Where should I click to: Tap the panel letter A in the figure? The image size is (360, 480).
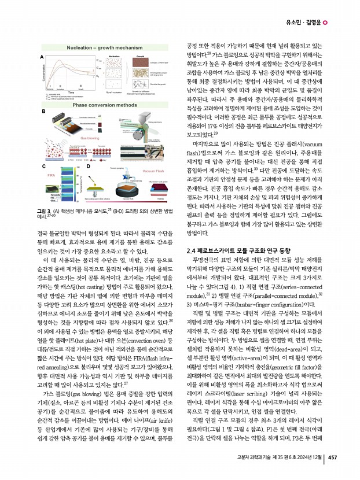(41, 57)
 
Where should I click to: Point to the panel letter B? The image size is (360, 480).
(42, 110)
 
